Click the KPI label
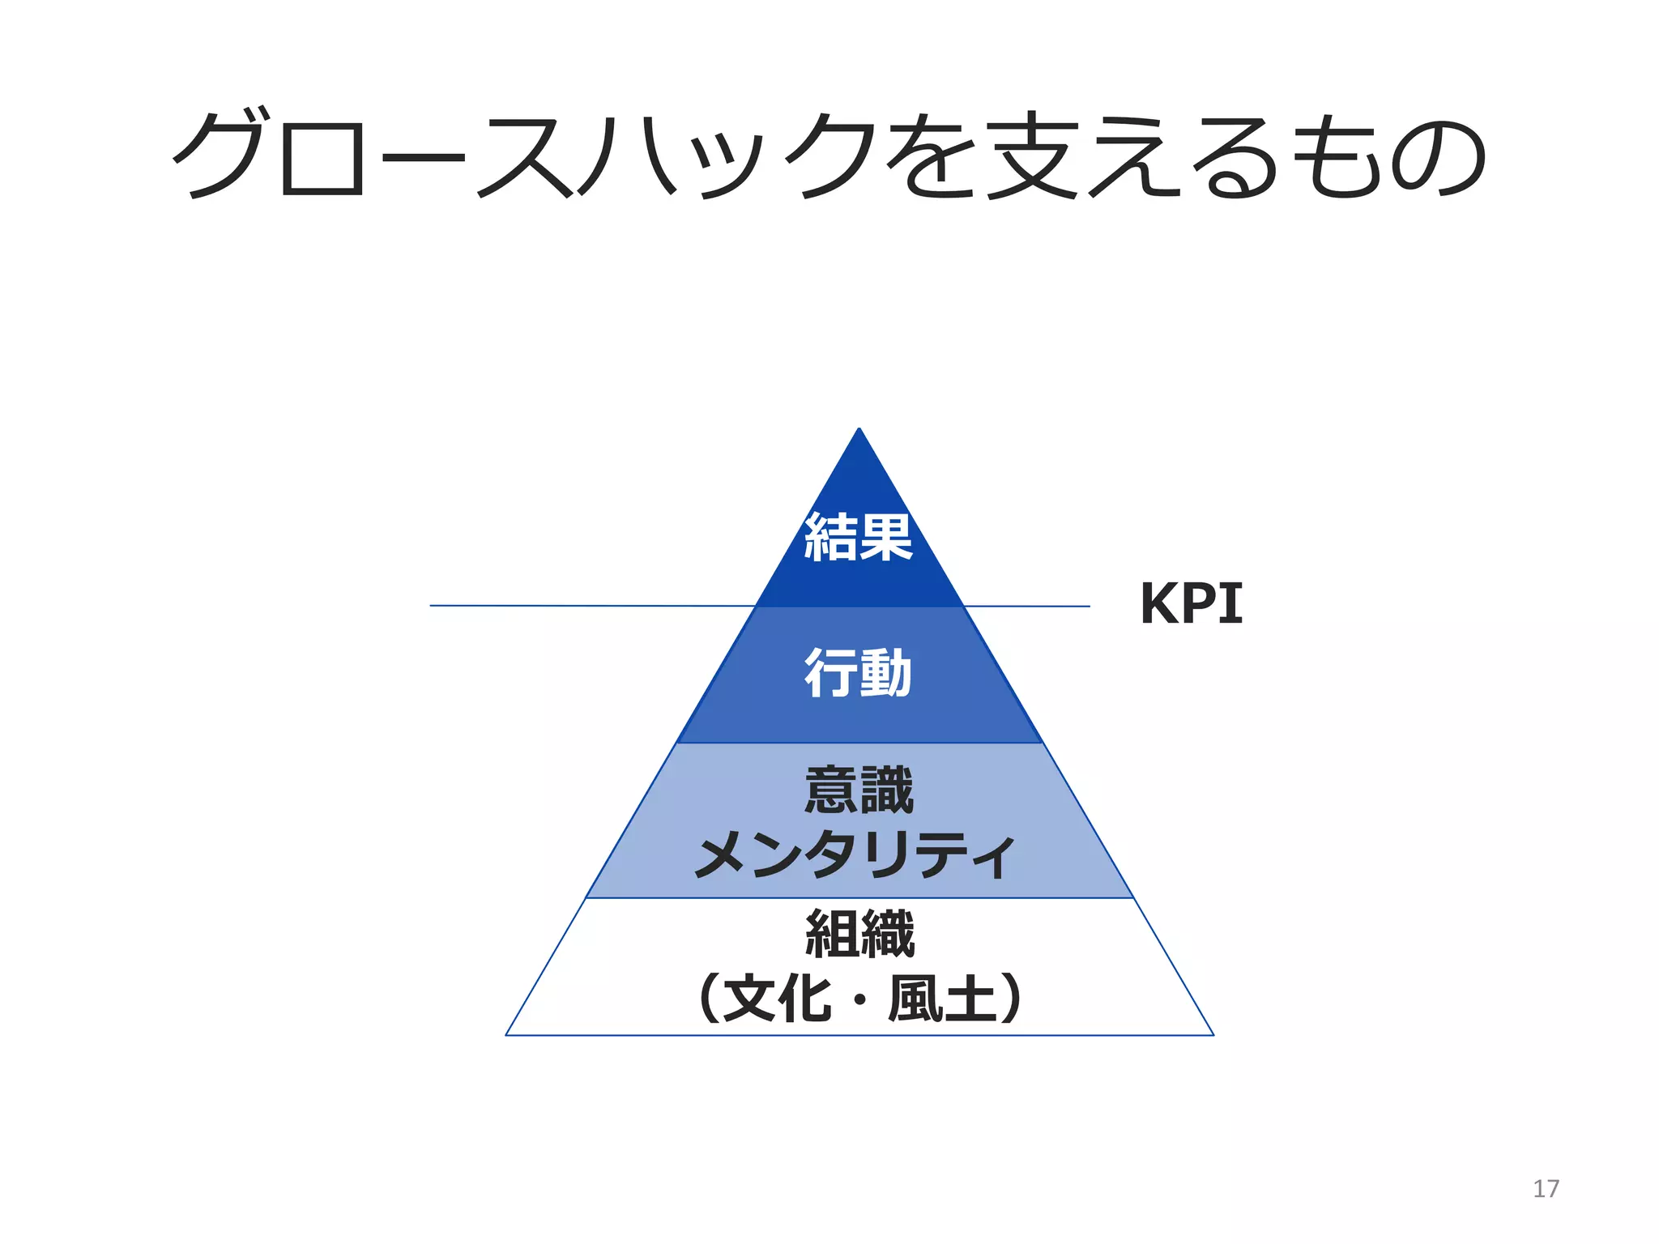[x=1191, y=603]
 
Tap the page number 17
[x=1546, y=1188]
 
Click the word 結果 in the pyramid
[x=859, y=538]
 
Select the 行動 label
[x=859, y=673]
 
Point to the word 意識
[x=859, y=790]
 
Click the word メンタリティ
[x=855, y=854]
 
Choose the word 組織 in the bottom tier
[x=859, y=933]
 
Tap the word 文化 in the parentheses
[x=777, y=999]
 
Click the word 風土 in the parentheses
[x=941, y=999]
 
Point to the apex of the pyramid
[x=859, y=430]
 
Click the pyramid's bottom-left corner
[x=507, y=1034]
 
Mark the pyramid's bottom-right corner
[x=1213, y=1034]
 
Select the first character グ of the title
[x=219, y=154]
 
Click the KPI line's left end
[x=431, y=605]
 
